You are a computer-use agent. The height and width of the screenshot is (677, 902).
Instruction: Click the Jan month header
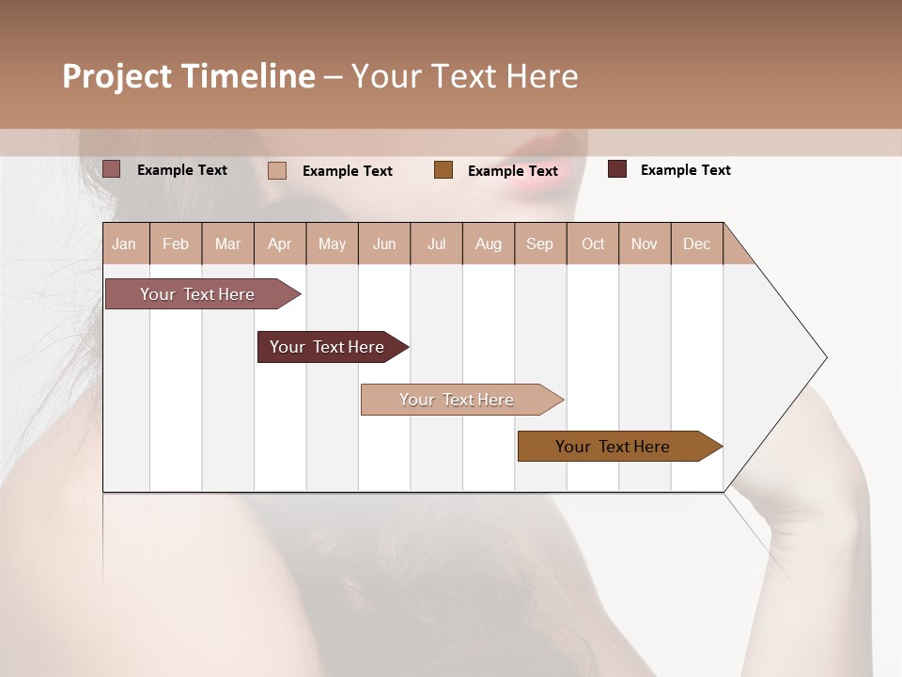click(x=125, y=244)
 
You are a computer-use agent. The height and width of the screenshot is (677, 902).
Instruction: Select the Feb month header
click(x=176, y=244)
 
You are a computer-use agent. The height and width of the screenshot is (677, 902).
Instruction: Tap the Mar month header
click(x=227, y=244)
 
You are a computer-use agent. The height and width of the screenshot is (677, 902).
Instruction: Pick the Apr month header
click(x=280, y=244)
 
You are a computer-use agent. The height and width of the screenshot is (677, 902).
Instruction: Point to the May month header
click(x=332, y=244)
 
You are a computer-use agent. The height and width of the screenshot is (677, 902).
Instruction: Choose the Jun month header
click(x=384, y=244)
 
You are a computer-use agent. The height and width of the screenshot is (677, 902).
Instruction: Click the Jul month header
click(x=436, y=244)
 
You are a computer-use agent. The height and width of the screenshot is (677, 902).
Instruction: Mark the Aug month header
click(x=489, y=244)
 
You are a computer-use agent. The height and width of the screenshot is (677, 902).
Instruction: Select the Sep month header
click(x=540, y=244)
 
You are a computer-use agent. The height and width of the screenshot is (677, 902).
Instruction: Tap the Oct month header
click(x=593, y=244)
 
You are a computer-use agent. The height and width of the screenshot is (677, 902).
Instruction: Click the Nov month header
click(x=645, y=244)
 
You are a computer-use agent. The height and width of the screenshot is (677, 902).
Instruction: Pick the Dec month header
click(x=697, y=244)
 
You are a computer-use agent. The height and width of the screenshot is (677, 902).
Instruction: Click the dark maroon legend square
click(x=617, y=169)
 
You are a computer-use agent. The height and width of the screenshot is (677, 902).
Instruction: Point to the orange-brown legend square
click(x=443, y=170)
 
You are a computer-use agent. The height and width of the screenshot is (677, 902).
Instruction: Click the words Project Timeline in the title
click(x=189, y=76)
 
